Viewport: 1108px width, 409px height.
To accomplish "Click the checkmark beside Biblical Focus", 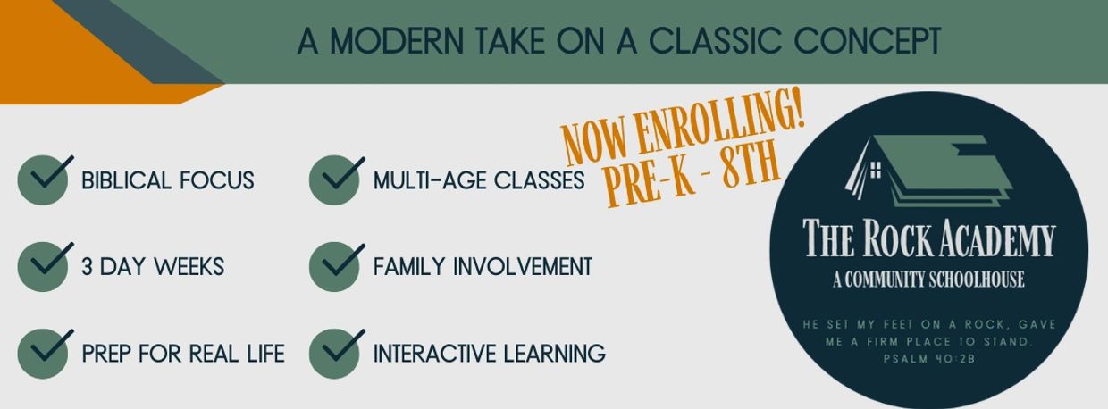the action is (x=49, y=173).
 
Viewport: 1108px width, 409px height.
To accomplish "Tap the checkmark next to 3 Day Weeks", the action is (x=49, y=260).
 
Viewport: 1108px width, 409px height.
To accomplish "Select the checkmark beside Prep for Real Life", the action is (x=49, y=346).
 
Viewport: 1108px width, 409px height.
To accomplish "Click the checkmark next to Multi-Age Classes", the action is (x=341, y=173).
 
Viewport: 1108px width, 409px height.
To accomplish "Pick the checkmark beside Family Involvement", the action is (x=341, y=260).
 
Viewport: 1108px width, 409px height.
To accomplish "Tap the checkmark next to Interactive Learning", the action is (x=341, y=346).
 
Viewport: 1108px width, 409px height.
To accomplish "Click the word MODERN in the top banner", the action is (x=398, y=40).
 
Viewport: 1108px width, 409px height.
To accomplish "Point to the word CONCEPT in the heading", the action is (x=867, y=40).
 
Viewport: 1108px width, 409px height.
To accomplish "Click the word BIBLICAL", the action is (x=126, y=180).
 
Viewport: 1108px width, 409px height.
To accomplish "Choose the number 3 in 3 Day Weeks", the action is (x=87, y=267).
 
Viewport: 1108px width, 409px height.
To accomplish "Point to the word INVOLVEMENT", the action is (x=523, y=267).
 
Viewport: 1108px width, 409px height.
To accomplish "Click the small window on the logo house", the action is (x=876, y=171).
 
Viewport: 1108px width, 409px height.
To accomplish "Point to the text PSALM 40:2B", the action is (x=929, y=359).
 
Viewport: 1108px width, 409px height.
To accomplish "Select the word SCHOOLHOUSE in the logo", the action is (x=976, y=280).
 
